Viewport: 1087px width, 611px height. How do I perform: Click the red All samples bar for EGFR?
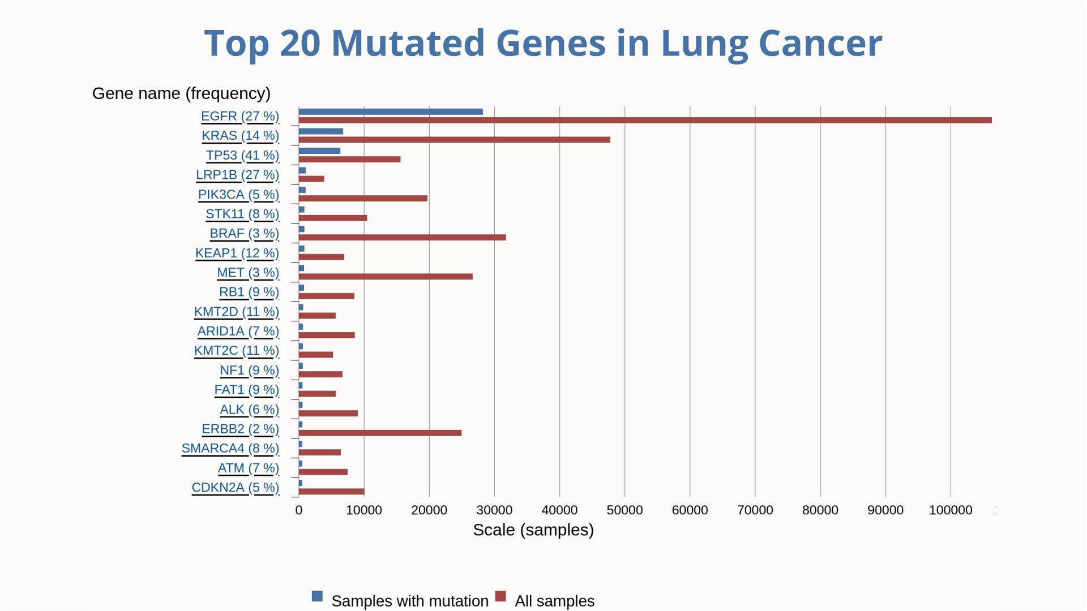coord(645,120)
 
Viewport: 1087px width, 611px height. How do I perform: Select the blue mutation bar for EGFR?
coord(391,111)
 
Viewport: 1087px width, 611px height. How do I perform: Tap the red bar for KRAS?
coord(454,140)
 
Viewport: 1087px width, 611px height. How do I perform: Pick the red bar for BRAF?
coord(402,238)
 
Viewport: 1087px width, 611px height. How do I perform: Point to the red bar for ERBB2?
coord(380,433)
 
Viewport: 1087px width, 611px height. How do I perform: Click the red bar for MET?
coord(386,277)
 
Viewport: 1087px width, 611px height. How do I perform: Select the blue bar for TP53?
coord(319,151)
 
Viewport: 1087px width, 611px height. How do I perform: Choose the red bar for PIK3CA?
coord(363,199)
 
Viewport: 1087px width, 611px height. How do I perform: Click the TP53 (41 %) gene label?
coord(242,156)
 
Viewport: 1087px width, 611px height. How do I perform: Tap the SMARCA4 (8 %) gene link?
coord(230,449)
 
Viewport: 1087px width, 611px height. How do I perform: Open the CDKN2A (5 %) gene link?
coord(235,488)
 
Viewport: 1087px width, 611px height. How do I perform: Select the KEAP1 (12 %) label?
coord(237,253)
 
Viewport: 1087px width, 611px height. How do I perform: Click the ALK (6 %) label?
coord(249,410)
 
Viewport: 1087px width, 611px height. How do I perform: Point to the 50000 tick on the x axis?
coord(624,510)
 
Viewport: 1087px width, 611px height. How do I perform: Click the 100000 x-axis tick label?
coord(951,510)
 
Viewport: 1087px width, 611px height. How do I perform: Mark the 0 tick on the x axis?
coord(299,510)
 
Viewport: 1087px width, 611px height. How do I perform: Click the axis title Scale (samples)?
coord(533,530)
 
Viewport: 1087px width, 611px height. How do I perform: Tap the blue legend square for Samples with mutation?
coord(317,596)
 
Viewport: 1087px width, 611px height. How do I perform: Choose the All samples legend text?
coord(554,601)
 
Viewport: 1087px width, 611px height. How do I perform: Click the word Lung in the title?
coord(704,44)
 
